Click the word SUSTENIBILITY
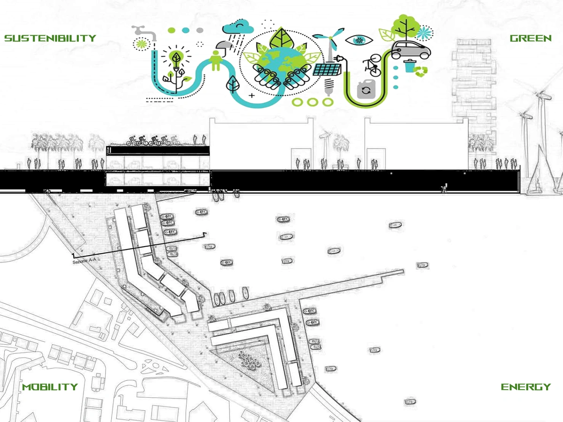point(50,38)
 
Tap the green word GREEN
point(531,38)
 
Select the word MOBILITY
point(50,387)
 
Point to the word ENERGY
point(526,387)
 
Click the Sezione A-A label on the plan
point(84,261)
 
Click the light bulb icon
point(176,59)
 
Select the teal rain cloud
point(238,29)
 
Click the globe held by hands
point(281,64)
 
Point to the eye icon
point(358,40)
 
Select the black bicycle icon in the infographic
point(372,65)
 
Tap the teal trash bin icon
point(410,66)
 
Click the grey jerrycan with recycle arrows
point(366,89)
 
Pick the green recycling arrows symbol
point(421,71)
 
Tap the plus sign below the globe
point(252,96)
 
